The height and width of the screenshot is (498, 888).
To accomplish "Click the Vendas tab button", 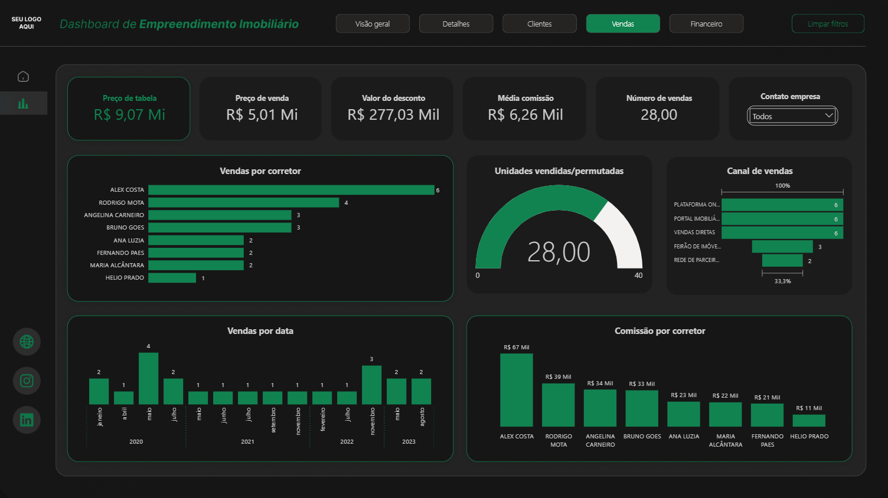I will (x=623, y=24).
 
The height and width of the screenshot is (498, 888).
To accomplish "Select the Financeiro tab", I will (x=706, y=24).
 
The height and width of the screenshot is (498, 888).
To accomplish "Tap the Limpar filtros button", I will (x=828, y=24).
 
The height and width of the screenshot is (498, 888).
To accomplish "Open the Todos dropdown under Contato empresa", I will (x=792, y=116).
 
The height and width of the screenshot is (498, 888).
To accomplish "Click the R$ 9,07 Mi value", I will (x=129, y=114).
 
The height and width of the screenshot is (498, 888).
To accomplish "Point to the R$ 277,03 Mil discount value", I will (x=393, y=114).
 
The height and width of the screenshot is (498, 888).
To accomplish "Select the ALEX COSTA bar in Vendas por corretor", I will (x=291, y=190).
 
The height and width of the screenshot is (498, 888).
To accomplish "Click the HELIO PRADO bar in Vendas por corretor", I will (x=172, y=278).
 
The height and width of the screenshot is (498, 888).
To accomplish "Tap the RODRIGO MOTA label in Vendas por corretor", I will (x=121, y=202).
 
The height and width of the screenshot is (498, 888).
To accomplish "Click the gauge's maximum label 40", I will (x=638, y=276).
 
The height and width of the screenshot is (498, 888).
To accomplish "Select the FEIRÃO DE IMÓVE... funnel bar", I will (x=782, y=247).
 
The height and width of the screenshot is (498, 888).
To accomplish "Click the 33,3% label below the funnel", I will (x=782, y=281).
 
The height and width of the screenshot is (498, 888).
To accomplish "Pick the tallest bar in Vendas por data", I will (x=148, y=378).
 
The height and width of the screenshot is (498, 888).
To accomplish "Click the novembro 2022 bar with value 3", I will (x=371, y=385).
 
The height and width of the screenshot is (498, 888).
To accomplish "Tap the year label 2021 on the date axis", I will (x=247, y=441).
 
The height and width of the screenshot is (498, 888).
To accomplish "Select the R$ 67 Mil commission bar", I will (x=516, y=390).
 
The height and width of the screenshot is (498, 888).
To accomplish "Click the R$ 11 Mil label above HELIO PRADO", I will (x=808, y=408).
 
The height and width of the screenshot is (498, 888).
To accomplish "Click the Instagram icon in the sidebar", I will (x=27, y=381).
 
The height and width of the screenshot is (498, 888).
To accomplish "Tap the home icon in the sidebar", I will (x=23, y=77).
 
